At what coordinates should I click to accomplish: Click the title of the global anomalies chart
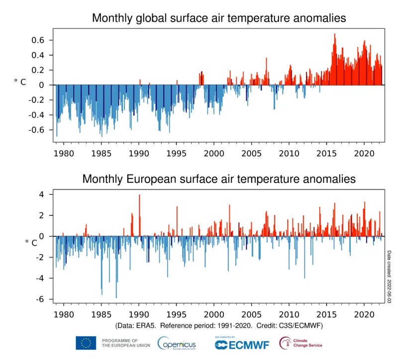[219, 19]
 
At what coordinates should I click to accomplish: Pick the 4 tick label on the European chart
[42, 194]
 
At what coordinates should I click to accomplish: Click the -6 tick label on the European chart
[41, 299]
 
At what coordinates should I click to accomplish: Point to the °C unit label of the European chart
[31, 242]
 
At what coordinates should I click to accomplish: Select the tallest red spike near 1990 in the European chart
[139, 196]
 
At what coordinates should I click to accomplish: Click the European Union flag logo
[86, 343]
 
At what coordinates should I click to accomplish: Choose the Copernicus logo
[177, 343]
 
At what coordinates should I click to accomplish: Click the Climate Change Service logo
[300, 343]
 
